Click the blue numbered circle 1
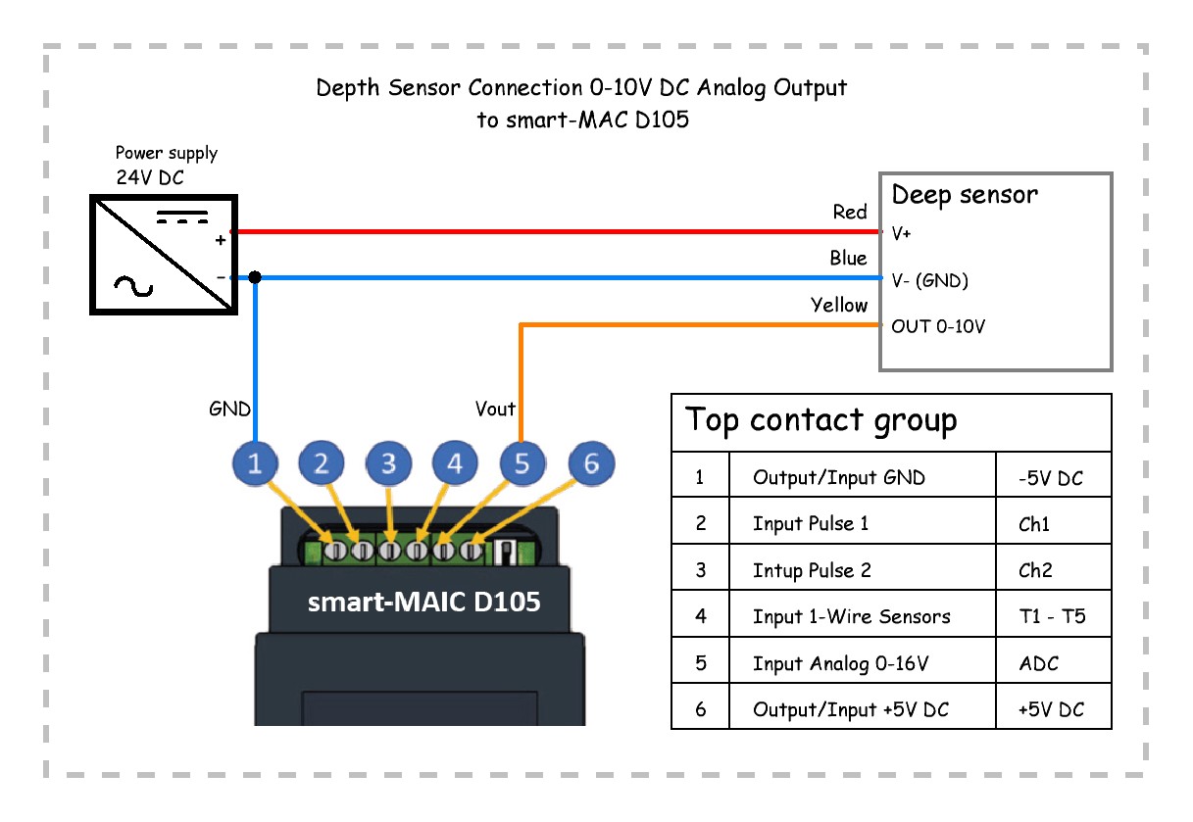pyautogui.click(x=256, y=464)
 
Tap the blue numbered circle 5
pyautogui.click(x=522, y=464)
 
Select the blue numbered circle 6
pyautogui.click(x=590, y=464)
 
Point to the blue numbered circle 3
pyautogui.click(x=389, y=464)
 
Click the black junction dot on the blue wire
pyautogui.click(x=255, y=278)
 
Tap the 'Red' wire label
pyautogui.click(x=850, y=213)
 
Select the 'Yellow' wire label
pyautogui.click(x=839, y=306)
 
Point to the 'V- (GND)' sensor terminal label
pyautogui.click(x=929, y=281)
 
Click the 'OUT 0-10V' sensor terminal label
pyautogui.click(x=938, y=326)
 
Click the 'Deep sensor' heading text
pyautogui.click(x=964, y=196)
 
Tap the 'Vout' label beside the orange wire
pyautogui.click(x=495, y=409)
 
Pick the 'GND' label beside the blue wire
pyautogui.click(x=229, y=409)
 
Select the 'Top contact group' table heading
pyautogui.click(x=820, y=420)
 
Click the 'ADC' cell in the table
pyautogui.click(x=1039, y=663)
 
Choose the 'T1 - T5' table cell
pyautogui.click(x=1052, y=617)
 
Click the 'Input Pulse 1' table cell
pyautogui.click(x=811, y=523)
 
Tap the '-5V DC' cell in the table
pyautogui.click(x=1051, y=479)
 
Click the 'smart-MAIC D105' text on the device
pyautogui.click(x=423, y=602)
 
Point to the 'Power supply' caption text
pyautogui.click(x=167, y=153)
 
